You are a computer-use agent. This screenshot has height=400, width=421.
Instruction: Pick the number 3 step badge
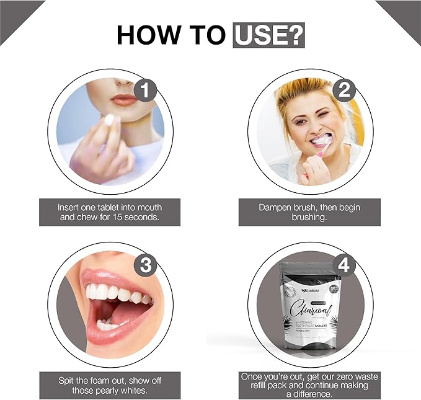pos(145,265)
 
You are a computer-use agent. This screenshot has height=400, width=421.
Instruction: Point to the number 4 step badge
pos(343,265)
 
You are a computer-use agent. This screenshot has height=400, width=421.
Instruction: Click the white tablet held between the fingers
pos(110,120)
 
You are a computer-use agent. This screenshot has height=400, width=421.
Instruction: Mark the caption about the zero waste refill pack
pos(309,384)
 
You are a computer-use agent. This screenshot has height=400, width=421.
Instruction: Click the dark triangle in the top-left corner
pos(16,16)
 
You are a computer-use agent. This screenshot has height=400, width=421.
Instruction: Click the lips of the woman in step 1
pos(125,100)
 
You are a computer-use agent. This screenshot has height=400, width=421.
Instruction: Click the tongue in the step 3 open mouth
pos(127,316)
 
